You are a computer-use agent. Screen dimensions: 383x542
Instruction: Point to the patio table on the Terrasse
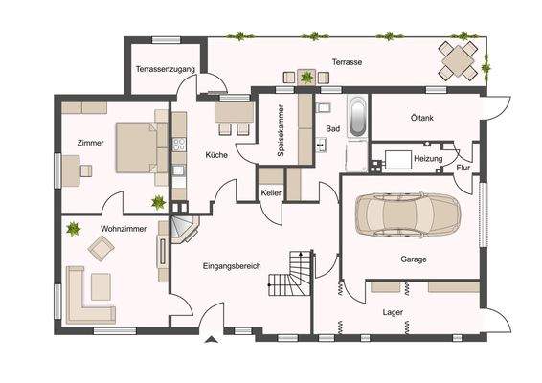point(458,61)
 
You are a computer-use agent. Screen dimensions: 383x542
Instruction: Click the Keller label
point(271,193)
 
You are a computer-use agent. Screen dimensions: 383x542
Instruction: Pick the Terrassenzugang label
point(165,70)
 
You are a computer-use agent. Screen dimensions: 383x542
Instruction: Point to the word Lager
point(393,312)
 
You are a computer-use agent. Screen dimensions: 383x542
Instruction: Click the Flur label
point(463,169)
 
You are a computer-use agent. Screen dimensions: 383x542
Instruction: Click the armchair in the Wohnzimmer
point(101,248)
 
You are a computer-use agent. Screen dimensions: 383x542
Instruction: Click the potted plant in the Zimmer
point(157,202)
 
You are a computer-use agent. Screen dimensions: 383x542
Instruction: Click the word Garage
point(414,259)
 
